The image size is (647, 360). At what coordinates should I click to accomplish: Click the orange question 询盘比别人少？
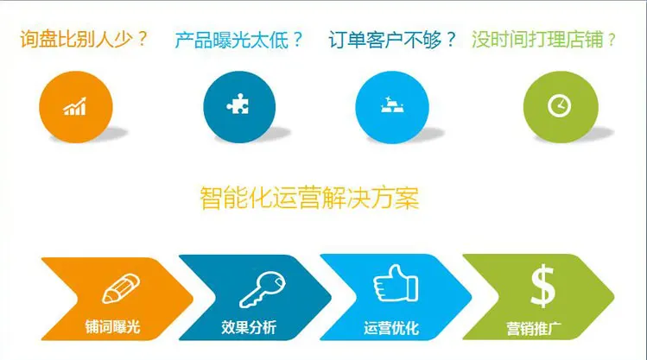point(84,40)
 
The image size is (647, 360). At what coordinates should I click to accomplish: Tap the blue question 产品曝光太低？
point(238,40)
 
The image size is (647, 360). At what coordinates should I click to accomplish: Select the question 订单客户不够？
point(392,40)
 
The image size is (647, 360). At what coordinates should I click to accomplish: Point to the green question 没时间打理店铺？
point(543,40)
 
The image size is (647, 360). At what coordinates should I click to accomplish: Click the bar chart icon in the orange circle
point(74,106)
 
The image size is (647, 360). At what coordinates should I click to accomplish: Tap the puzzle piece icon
point(238,104)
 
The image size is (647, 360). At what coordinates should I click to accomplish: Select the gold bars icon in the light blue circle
point(392,104)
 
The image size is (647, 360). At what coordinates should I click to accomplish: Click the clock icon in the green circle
point(559,105)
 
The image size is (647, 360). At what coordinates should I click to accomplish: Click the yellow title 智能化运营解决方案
point(309,199)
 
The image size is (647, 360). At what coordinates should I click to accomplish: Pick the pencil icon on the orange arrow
point(121,288)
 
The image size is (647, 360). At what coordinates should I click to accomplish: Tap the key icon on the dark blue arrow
point(263,289)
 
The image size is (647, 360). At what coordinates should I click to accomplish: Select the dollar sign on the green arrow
point(542,286)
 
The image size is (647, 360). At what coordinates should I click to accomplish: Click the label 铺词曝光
point(112,326)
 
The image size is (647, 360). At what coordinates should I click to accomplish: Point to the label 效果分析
point(249,327)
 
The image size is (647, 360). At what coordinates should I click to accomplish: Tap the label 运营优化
point(391,328)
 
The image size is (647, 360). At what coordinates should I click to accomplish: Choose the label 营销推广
point(534,329)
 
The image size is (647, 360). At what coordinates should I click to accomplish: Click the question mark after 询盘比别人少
point(143,39)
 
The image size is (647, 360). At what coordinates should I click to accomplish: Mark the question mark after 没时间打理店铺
point(611,41)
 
